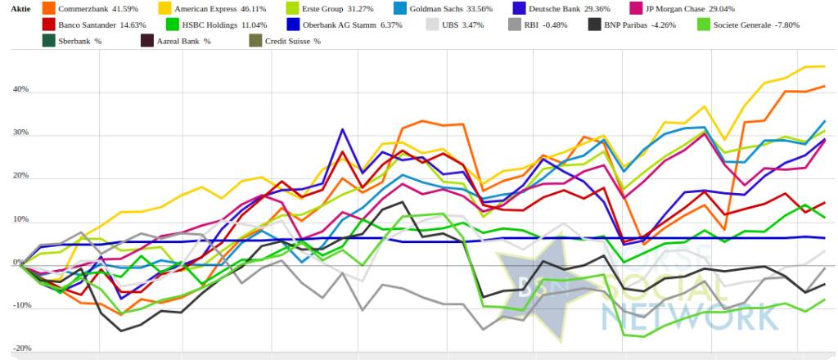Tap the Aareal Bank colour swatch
coord(148,40)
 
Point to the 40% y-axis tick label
coord(20,88)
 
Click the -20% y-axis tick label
coord(20,348)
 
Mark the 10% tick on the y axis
coord(20,219)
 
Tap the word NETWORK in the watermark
coord(687,313)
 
